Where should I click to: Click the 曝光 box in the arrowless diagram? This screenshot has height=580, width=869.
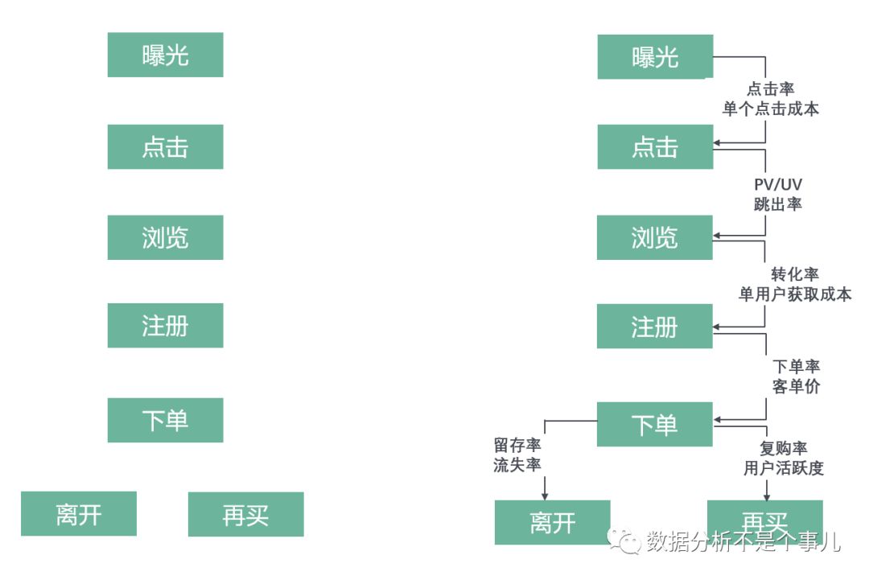point(165,55)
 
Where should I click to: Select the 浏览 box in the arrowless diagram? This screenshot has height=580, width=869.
point(165,237)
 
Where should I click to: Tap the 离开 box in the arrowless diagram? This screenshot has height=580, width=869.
point(79,513)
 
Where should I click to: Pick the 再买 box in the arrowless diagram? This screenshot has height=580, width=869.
point(245,514)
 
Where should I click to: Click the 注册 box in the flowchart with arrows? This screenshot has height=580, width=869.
point(654,327)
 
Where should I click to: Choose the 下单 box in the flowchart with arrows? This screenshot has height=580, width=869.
point(654,424)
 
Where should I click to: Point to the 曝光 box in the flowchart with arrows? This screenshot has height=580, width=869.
point(654,56)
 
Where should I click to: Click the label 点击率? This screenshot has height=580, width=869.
point(771,88)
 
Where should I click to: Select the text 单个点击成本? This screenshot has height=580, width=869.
point(771,109)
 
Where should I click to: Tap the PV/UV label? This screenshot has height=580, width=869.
point(777,185)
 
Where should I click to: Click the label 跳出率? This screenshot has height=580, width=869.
point(777,204)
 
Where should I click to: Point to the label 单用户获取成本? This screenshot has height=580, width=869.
point(794,294)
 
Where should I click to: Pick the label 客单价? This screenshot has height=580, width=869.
point(796,386)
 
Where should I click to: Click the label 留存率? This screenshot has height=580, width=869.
point(517,444)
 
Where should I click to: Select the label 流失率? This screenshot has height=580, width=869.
point(517,465)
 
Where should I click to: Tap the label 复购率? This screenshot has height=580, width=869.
point(783,448)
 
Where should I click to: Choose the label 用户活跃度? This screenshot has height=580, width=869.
point(783,468)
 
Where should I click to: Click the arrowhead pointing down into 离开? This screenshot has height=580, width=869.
point(546,494)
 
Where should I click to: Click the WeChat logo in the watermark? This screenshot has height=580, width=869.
point(626,541)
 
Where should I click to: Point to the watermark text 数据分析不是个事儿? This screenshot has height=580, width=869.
point(743,541)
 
